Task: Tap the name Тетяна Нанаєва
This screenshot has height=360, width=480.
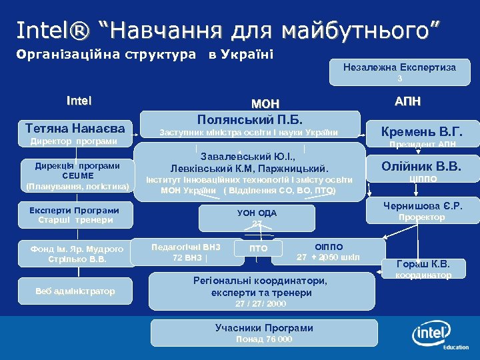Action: point(75,127)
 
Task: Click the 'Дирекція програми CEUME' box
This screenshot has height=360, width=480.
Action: point(77,176)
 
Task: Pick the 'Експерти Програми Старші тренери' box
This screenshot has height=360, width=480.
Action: point(75,215)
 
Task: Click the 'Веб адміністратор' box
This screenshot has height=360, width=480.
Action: point(75,291)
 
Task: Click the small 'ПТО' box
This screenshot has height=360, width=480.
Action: point(258,249)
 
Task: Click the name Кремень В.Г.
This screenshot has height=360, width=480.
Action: point(421,131)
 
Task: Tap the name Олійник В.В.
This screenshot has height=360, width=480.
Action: point(421,166)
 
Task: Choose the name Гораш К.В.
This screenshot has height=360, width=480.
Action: point(423,263)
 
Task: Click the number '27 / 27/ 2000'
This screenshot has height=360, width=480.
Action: point(261,304)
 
